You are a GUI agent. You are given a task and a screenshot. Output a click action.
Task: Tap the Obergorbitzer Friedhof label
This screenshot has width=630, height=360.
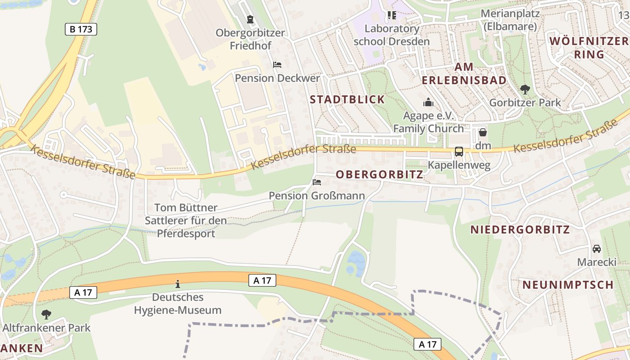(250, 39)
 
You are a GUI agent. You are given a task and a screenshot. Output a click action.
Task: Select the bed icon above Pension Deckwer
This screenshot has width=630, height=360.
(277, 65)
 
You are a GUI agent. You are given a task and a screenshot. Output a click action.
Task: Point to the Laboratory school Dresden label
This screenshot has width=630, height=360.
(391, 35)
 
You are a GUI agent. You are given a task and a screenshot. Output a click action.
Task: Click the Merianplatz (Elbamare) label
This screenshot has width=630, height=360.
(509, 20)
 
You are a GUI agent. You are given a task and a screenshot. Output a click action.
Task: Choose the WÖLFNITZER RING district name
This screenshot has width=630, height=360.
(589, 48)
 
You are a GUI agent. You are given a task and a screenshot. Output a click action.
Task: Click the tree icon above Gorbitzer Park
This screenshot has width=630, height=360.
(525, 89)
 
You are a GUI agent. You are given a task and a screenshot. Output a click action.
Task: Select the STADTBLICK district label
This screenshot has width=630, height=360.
(347, 100)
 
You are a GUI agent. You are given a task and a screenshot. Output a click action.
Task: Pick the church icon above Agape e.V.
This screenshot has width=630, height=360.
(428, 103)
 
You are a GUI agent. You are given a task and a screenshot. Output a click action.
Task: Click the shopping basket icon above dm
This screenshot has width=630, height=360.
(483, 132)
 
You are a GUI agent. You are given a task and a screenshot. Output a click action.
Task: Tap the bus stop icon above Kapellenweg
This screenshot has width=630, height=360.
(459, 152)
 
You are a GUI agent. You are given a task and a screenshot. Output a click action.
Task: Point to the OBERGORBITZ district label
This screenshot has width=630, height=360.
(379, 175)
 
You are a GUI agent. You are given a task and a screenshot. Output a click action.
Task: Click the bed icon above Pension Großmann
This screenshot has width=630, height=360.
(317, 182)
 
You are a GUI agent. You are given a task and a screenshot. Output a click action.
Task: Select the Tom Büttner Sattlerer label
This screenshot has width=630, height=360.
(186, 220)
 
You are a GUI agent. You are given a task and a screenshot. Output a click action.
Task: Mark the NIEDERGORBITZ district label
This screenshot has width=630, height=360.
(520, 229)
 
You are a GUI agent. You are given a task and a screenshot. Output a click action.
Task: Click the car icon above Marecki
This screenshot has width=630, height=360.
(597, 249)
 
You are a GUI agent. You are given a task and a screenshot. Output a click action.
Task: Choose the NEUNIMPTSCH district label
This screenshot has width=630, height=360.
(568, 285)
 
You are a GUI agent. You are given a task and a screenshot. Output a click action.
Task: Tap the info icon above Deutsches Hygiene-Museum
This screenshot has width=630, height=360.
(178, 284)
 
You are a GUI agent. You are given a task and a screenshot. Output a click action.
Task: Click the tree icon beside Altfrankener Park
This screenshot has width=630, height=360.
(46, 314)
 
